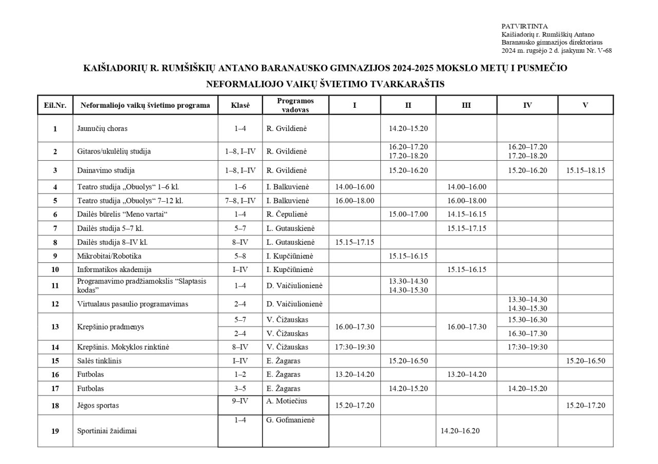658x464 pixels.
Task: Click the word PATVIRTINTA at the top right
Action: [524, 26]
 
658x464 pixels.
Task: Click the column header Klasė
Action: [240, 105]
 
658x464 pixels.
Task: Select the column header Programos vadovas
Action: [295, 105]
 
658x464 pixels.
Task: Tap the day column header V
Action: [585, 105]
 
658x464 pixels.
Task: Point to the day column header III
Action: [466, 105]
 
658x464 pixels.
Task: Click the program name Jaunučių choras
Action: [102, 128]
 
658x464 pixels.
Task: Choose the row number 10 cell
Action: [55, 269]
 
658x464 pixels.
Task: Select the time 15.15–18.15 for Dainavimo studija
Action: [586, 170]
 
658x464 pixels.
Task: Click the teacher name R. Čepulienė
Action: [290, 214]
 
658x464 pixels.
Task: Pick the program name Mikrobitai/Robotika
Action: [109, 256]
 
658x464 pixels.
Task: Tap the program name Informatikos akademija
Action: [114, 269]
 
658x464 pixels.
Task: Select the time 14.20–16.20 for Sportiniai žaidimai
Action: [460, 431]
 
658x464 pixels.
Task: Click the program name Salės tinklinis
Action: [99, 361]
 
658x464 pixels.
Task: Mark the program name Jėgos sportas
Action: [98, 405]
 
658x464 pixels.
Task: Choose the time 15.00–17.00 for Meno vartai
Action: [408, 214]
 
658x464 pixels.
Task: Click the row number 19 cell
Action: [55, 431]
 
